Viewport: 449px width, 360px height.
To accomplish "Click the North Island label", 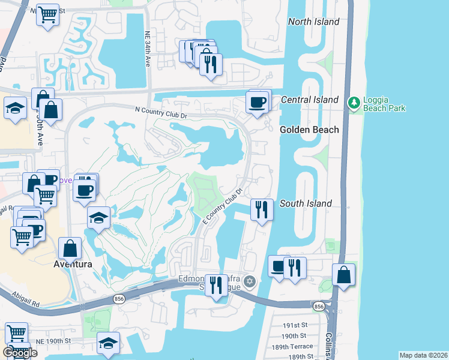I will point(313,22).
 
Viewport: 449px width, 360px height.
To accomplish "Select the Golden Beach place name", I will point(309,130).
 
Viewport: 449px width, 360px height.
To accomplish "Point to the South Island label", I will point(306,203).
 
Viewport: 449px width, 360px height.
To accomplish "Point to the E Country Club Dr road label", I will point(222,206).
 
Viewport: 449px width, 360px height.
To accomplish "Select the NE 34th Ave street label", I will point(147,51).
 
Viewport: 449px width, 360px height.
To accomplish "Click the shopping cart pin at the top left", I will point(47,14).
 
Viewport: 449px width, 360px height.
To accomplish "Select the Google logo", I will point(20,353).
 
